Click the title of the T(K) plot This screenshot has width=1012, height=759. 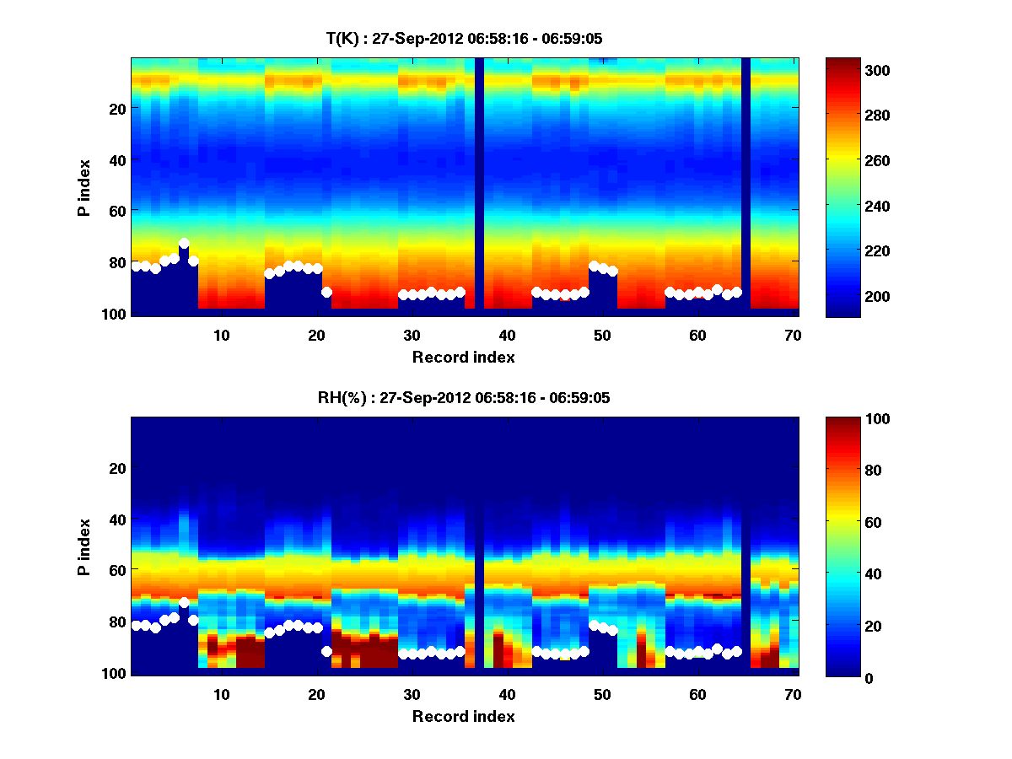[464, 38]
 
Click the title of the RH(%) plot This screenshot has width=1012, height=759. [464, 398]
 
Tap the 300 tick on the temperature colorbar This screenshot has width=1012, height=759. [847, 70]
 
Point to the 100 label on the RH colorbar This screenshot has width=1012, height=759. [848, 419]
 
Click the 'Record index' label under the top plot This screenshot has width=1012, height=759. [464, 357]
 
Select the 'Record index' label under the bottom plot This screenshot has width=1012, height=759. [464, 716]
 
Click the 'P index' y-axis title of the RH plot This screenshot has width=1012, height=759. [84, 546]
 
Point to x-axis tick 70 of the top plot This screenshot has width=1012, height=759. [793, 336]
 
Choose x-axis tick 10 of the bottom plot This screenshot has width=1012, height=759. [221, 695]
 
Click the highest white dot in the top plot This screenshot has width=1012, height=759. [184, 244]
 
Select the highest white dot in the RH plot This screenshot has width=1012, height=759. [184, 603]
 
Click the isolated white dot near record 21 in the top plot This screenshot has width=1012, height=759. [326, 292]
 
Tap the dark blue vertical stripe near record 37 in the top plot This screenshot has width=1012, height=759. [479, 186]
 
